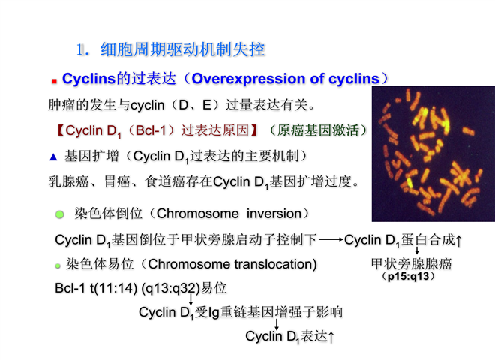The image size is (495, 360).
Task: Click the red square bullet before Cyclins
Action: coord(54,82)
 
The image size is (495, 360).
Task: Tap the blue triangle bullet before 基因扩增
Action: coord(53,157)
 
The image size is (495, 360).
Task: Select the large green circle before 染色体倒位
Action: coord(60,214)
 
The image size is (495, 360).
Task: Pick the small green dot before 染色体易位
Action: coord(58,266)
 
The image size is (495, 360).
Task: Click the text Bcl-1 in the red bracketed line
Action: coord(151,130)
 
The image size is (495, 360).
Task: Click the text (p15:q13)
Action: coord(409,276)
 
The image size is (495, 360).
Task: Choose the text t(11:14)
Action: coord(113,288)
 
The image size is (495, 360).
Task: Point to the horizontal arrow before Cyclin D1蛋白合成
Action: coord(331,240)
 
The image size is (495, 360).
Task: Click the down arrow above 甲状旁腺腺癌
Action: coord(417,250)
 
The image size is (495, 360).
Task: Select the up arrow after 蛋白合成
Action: coord(459,241)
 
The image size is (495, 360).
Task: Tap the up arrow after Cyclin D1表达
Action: coord(331,337)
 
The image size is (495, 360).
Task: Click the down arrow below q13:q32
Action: coord(190,299)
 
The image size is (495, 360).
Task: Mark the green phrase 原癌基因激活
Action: coord(318,130)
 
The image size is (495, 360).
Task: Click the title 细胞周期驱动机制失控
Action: coord(182,50)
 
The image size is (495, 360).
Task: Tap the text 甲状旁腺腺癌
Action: coord(411,264)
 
